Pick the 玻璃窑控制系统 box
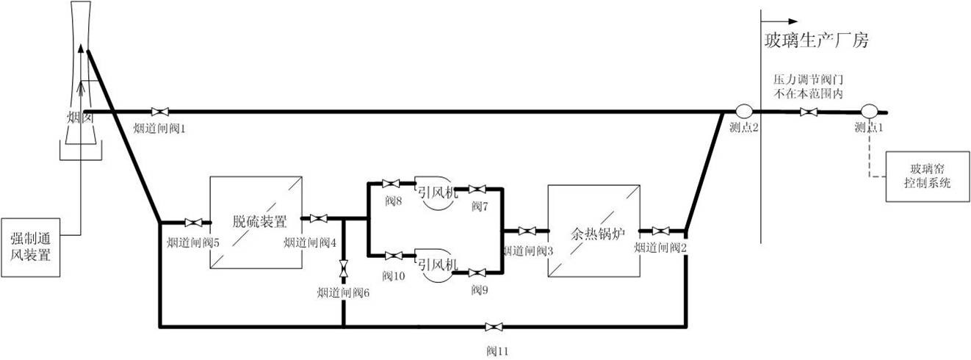coord(922,176)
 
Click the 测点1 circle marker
coord(870,112)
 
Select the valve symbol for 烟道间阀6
coord(343,269)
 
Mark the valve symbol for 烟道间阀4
coord(319,218)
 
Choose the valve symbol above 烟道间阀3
coord(527,231)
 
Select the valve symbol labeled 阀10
coord(394,256)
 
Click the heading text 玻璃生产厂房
coord(815,42)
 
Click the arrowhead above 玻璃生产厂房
coord(792,21)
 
